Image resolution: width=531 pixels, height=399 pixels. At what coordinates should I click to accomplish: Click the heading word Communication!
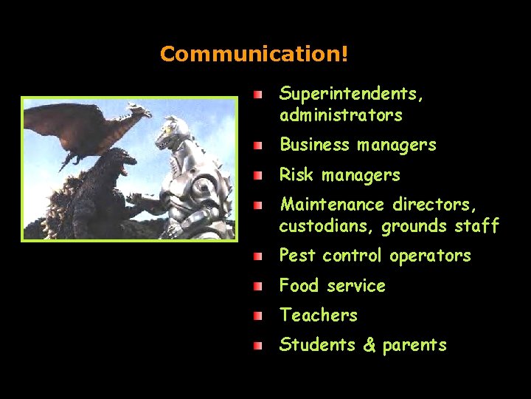pyautogui.click(x=254, y=55)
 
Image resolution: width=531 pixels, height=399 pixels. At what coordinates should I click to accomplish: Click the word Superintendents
pyautogui.click(x=351, y=94)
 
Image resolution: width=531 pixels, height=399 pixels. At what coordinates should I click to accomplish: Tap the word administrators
pyautogui.click(x=341, y=115)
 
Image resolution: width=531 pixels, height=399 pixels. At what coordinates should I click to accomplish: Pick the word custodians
pyautogui.click(x=327, y=225)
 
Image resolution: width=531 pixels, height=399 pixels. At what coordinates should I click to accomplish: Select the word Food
pyautogui.click(x=299, y=285)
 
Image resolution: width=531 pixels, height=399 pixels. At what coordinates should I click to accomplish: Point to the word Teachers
pyautogui.click(x=318, y=315)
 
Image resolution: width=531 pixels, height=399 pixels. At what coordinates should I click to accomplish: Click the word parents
pyautogui.click(x=414, y=345)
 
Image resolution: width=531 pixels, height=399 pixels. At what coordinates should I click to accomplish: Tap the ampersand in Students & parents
pyautogui.click(x=369, y=345)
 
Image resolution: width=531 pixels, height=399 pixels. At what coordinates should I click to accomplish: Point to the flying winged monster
pyautogui.click(x=88, y=129)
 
